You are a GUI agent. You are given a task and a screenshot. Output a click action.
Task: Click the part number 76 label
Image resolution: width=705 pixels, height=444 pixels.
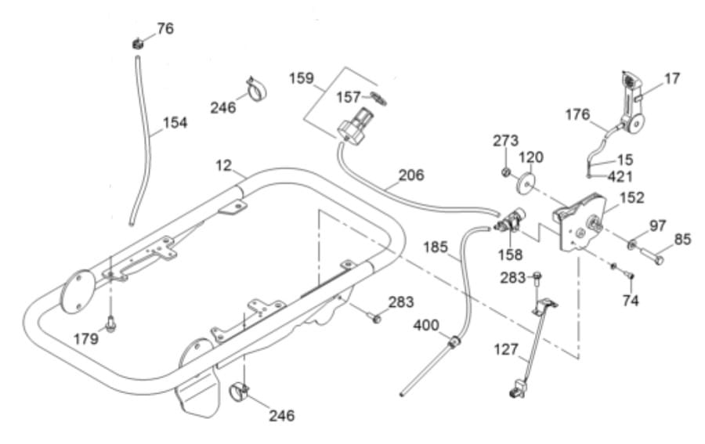point(164,29)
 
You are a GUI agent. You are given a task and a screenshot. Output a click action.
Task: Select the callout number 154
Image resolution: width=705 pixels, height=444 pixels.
point(175,123)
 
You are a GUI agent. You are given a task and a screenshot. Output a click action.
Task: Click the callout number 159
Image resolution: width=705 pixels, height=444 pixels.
point(301,79)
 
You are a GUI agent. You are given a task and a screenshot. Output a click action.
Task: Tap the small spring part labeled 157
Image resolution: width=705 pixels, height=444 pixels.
point(381,99)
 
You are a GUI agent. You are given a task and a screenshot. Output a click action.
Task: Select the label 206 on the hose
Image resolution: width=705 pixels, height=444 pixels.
point(410,175)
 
